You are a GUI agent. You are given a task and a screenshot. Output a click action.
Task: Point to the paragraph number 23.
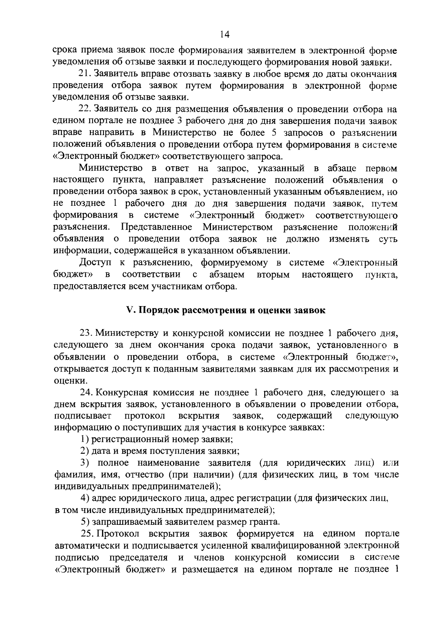[85, 333]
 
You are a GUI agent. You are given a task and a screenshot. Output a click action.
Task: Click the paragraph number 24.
[85, 392]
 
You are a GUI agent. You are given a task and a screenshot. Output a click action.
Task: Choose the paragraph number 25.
[87, 534]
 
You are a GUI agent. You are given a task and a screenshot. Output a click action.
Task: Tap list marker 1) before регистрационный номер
[85, 439]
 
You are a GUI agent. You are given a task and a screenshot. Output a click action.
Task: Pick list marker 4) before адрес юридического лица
[85, 499]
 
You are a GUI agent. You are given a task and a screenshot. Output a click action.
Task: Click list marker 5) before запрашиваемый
[85, 522]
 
